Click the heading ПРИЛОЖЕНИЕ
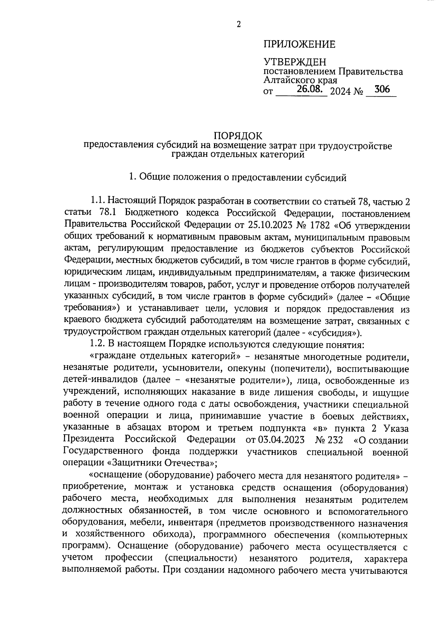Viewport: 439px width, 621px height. coord(299,45)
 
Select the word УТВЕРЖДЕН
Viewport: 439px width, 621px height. coord(294,62)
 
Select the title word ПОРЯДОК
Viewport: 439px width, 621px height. coord(238,136)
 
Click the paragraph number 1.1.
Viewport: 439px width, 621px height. coord(98,201)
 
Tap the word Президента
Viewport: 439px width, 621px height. coord(89,439)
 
